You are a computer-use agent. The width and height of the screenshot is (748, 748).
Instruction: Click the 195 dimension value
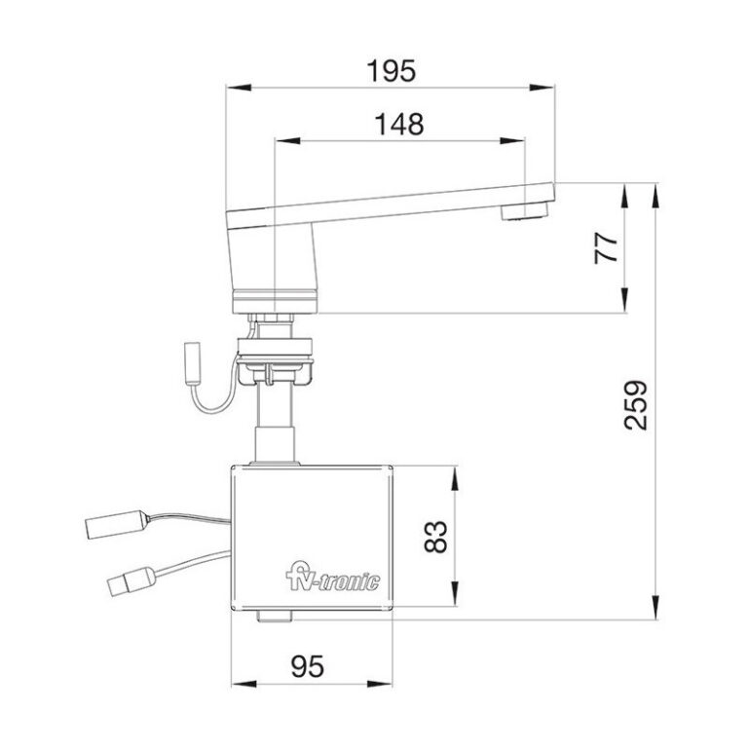click(390, 71)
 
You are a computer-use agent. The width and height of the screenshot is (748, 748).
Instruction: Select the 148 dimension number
click(399, 124)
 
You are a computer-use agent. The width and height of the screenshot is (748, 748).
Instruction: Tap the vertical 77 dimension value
click(607, 247)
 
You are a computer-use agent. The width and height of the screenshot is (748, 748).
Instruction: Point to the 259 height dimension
click(634, 403)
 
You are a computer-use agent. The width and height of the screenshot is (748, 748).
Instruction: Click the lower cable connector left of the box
click(126, 584)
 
